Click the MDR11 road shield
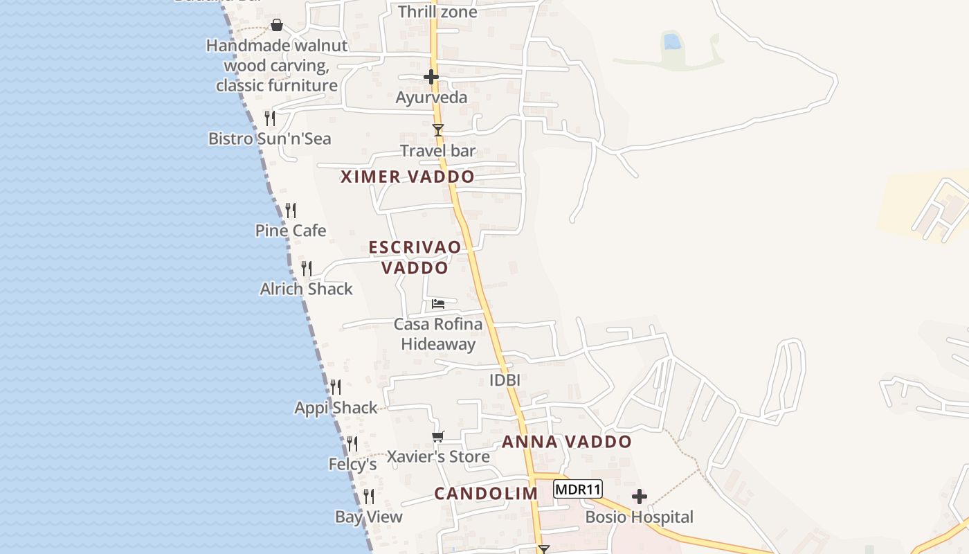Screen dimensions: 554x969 point(578,490)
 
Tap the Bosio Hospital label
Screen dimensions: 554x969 point(639,517)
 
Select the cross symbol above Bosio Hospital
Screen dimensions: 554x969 point(640,497)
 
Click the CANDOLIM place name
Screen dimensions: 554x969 point(486,494)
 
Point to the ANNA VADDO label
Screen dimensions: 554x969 point(567,442)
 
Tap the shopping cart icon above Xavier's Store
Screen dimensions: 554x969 point(437,436)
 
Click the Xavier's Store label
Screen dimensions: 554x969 point(438,457)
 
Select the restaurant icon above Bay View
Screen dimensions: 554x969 point(369,496)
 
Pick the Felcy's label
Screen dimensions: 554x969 point(352,464)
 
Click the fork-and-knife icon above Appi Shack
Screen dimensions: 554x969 point(336,386)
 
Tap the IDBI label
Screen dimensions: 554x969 point(505,380)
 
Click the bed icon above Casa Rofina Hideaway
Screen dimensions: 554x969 point(438,303)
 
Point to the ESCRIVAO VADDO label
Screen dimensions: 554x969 point(415,257)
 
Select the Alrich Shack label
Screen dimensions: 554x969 point(306,289)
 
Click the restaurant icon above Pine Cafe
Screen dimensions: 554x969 point(291,209)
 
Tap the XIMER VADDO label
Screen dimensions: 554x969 point(408,177)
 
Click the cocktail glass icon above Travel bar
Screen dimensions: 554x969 point(437,129)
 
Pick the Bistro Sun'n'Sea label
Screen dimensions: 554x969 point(270,138)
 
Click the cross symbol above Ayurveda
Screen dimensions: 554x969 point(431,77)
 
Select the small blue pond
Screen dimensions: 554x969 point(671,42)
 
